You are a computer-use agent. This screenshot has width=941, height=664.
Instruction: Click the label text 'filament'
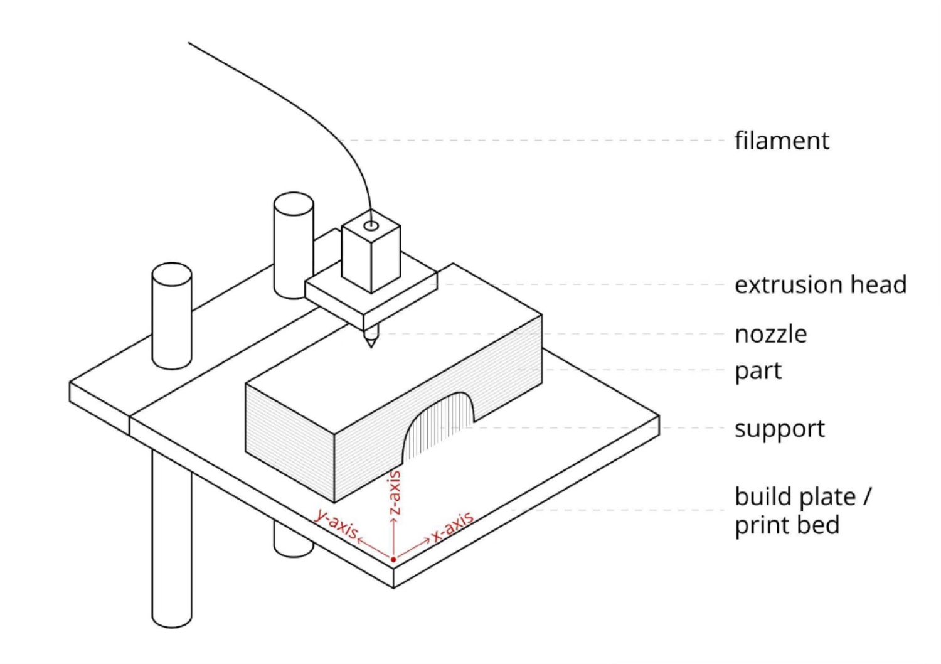[781, 141]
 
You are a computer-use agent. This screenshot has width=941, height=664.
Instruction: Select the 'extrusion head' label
[820, 285]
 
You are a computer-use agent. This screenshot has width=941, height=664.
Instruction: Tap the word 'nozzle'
[770, 334]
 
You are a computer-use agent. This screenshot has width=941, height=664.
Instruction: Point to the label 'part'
[757, 371]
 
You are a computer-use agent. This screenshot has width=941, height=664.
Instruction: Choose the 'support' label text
[779, 429]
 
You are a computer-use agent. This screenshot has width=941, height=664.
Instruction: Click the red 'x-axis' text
[452, 526]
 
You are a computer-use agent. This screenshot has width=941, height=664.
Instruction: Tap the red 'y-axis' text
[336, 523]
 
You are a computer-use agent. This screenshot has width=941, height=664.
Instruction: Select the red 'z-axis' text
[395, 493]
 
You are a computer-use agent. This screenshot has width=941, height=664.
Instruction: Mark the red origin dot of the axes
[393, 559]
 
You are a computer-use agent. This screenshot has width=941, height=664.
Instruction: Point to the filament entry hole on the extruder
[371, 225]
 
